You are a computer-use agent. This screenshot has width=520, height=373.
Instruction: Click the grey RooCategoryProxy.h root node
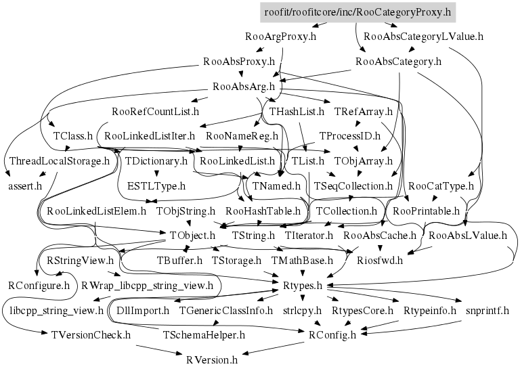(x=357, y=12)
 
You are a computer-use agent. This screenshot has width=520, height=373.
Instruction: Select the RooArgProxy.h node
(x=281, y=36)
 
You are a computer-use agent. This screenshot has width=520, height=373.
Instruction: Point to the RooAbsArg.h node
(x=243, y=86)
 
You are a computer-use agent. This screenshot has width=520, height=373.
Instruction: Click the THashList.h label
(x=297, y=110)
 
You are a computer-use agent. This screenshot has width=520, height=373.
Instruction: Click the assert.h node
(x=25, y=185)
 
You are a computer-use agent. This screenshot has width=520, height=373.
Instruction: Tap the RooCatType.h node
(x=441, y=185)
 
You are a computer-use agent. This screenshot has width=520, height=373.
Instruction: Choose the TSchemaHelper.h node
(x=204, y=334)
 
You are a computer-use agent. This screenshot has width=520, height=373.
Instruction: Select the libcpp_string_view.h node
(x=56, y=311)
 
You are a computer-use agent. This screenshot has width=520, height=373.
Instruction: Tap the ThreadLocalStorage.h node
(x=59, y=160)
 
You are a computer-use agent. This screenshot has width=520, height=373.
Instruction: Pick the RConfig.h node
(x=332, y=334)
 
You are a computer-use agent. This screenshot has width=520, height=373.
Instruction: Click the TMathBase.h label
(x=302, y=260)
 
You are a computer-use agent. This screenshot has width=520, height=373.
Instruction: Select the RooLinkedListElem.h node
(x=96, y=211)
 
